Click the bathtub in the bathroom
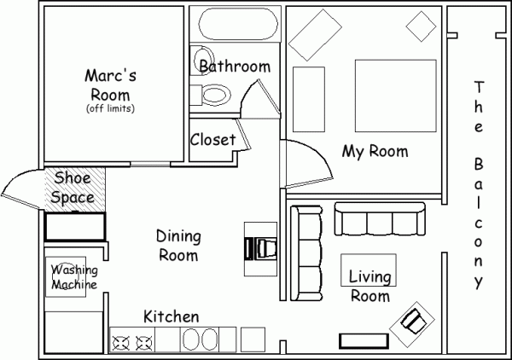click(x=238, y=24)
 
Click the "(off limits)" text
click(x=110, y=108)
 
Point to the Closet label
click(x=212, y=140)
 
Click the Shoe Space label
click(x=73, y=188)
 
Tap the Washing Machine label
click(x=74, y=277)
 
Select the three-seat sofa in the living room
click(x=380, y=218)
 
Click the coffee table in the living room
click(x=369, y=270)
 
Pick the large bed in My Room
click(x=396, y=96)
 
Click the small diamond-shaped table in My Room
click(x=421, y=26)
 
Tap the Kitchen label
click(x=172, y=316)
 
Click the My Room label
click(x=375, y=152)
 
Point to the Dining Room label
click(x=178, y=246)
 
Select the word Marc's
click(x=110, y=75)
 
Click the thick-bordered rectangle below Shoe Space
click(x=75, y=227)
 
